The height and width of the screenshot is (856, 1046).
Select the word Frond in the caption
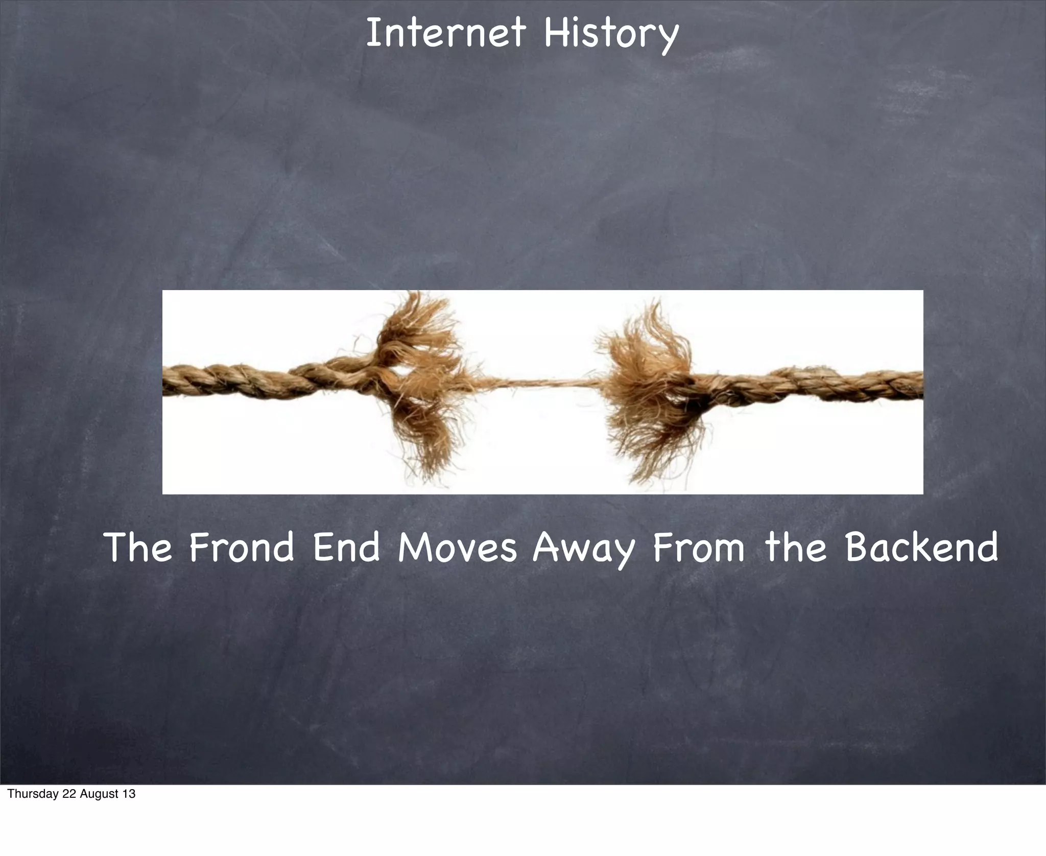[x=241, y=547]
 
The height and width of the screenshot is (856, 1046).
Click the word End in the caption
[x=346, y=547]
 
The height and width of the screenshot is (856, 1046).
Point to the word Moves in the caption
[x=457, y=547]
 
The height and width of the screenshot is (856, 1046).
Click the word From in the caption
[x=698, y=547]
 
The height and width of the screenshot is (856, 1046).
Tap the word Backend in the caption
[x=921, y=547]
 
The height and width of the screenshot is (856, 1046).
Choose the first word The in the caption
[x=138, y=547]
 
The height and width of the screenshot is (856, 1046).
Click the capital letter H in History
[x=555, y=33]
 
